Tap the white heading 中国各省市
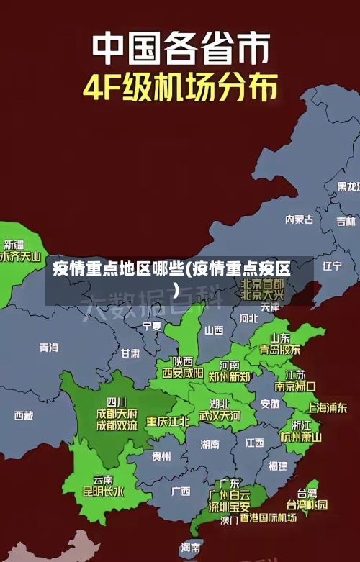click(180, 48)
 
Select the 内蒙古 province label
click(300, 199)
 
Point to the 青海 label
click(49, 348)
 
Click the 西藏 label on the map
click(23, 415)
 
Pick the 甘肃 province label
click(130, 353)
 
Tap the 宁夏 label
click(152, 326)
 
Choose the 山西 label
click(214, 330)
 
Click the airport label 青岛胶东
click(280, 349)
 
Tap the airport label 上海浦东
click(327, 407)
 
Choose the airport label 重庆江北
click(168, 421)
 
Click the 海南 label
click(191, 548)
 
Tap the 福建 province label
click(277, 466)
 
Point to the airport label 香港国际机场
click(268, 517)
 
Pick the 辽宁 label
click(332, 266)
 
